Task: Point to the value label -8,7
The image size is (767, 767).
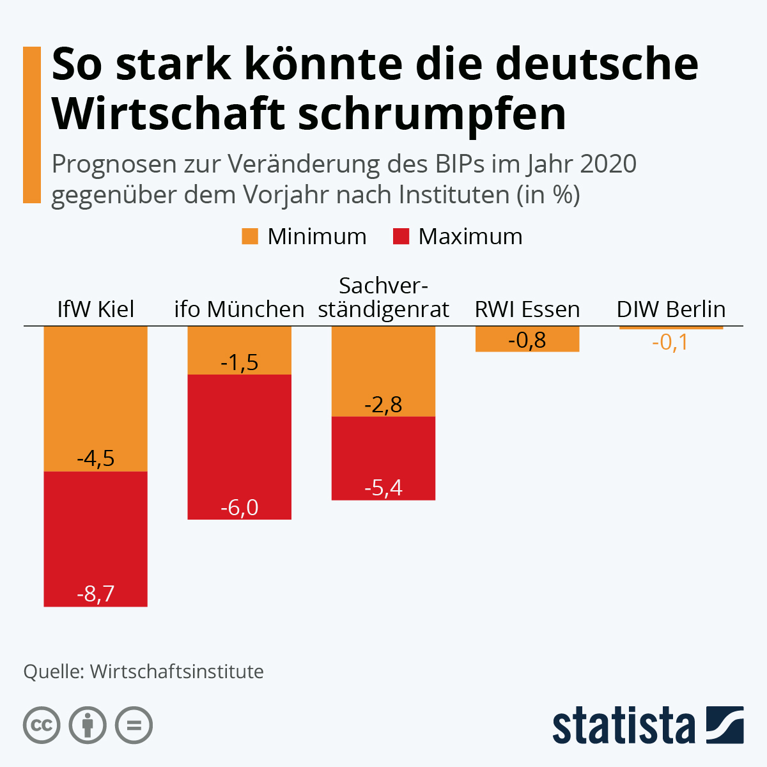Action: pyautogui.click(x=95, y=594)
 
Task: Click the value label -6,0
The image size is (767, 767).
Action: pyautogui.click(x=239, y=507)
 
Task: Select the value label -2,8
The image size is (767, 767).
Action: pyautogui.click(x=383, y=405)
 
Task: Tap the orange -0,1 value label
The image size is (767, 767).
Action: pyautogui.click(x=670, y=343)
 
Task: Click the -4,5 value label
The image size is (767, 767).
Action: pyautogui.click(x=95, y=458)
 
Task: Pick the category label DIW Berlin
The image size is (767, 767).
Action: pyautogui.click(x=670, y=309)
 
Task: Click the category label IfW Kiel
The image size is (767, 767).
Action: pyautogui.click(x=95, y=309)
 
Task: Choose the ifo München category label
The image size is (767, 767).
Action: pyautogui.click(x=239, y=309)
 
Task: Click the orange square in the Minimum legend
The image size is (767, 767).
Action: pyautogui.click(x=250, y=236)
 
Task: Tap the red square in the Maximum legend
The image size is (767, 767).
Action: pyautogui.click(x=401, y=236)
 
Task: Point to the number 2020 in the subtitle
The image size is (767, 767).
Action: pyautogui.click(x=608, y=164)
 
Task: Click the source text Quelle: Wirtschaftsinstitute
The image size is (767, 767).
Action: pyautogui.click(x=143, y=672)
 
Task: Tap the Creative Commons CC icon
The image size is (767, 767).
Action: pyautogui.click(x=42, y=725)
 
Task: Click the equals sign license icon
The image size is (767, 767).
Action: pyautogui.click(x=134, y=725)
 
